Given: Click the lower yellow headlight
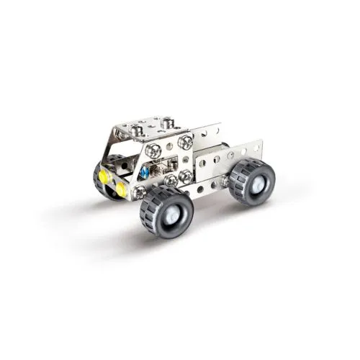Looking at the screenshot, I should coord(120,189).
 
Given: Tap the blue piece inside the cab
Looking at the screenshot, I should coord(144,174).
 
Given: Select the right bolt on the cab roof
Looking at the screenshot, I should coord(167,122).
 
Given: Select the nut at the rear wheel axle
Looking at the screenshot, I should coord(225,181).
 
